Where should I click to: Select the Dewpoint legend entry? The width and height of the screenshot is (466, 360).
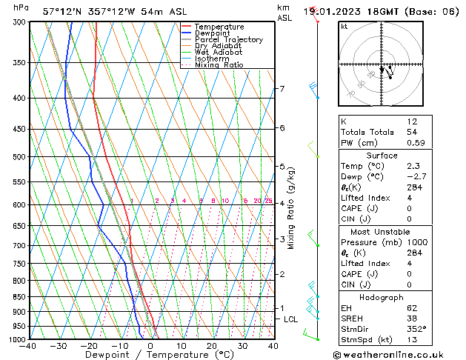pos(213,33)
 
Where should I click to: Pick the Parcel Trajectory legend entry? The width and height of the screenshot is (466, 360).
pos(228,40)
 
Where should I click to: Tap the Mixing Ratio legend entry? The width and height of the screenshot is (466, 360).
pos(219,65)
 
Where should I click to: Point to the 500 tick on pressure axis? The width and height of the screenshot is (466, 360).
pos(16,157)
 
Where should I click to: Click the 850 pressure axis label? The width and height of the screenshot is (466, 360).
pos(16,297)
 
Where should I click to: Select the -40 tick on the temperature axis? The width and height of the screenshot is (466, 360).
pos(28,346)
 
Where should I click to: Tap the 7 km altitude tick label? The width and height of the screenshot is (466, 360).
pos(282,89)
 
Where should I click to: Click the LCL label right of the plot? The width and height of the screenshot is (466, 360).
pos(291,319)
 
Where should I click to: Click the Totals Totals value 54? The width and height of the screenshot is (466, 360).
pos(412,132)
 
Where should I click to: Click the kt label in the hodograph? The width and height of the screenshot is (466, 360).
pos(344,27)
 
